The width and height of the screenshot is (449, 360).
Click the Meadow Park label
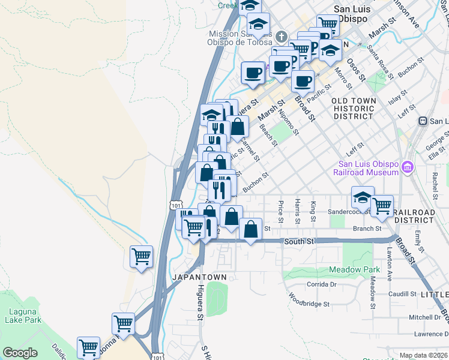(x=355, y=270)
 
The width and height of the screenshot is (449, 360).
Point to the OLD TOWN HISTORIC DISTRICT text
(x=354, y=109)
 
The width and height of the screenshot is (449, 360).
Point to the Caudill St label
(x=402, y=294)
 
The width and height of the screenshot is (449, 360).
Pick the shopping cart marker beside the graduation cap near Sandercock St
(x=382, y=206)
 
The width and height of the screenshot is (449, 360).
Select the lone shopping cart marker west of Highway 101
(x=141, y=257)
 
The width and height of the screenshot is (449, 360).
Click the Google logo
(x=20, y=353)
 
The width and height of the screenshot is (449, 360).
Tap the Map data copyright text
(x=424, y=355)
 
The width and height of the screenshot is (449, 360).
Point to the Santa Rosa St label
(x=380, y=62)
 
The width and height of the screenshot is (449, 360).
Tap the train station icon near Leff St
(x=423, y=121)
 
